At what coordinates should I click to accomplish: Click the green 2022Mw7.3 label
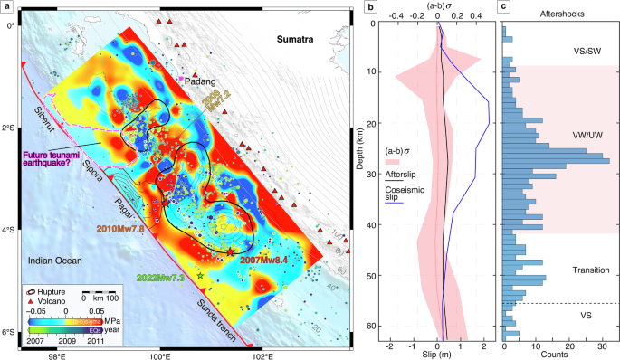(166, 278)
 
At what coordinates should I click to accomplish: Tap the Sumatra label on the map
(294, 40)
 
